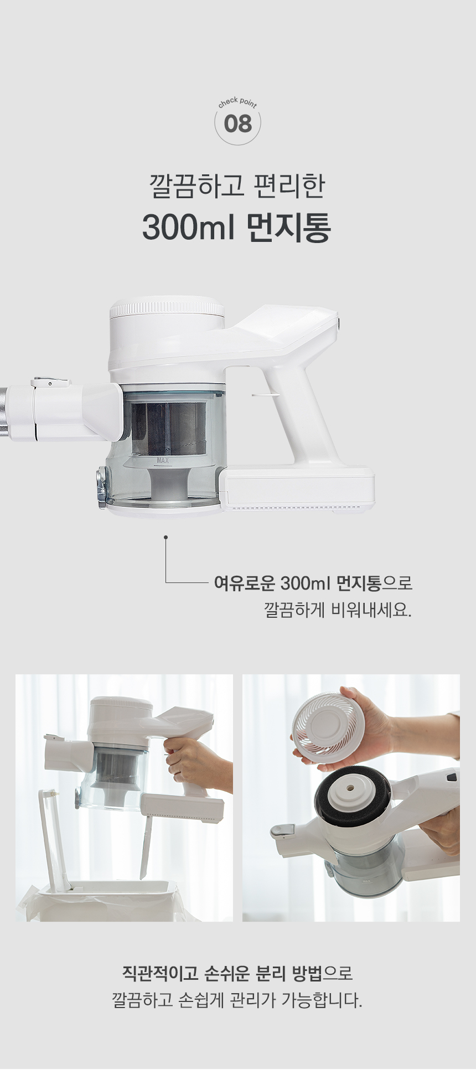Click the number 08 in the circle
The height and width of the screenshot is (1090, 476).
click(x=237, y=124)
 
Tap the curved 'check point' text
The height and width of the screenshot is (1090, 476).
click(x=237, y=102)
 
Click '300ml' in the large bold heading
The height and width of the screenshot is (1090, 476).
click(x=188, y=226)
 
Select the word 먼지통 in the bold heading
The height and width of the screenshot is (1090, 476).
click(x=288, y=226)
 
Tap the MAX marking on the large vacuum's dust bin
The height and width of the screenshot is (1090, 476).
click(x=163, y=460)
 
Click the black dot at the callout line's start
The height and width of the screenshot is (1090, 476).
click(x=165, y=537)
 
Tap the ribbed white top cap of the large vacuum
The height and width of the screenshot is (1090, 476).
click(x=167, y=308)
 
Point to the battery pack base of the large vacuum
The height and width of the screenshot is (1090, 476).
click(x=298, y=489)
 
